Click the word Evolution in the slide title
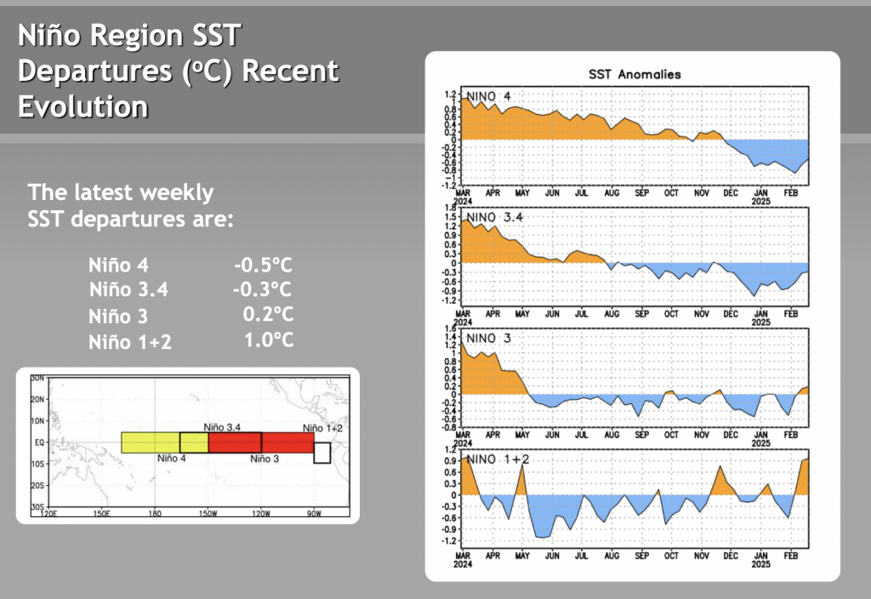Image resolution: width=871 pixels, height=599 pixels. click(83, 106)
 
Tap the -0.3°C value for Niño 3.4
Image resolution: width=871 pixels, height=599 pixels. click(262, 289)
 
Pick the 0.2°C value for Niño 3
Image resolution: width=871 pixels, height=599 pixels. click(268, 314)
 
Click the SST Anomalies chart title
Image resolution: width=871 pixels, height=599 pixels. click(635, 74)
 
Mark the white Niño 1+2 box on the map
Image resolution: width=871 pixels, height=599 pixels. click(322, 452)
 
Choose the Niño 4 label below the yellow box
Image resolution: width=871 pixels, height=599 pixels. click(172, 459)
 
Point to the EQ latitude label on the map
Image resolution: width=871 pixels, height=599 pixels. click(38, 442)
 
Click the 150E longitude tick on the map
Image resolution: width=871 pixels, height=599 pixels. click(101, 513)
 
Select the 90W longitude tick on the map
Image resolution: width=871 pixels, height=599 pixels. click(314, 513)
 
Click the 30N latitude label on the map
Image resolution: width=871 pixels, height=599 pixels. click(37, 378)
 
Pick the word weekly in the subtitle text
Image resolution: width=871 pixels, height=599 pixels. click(174, 191)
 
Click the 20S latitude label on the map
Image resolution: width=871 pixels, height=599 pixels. click(37, 485)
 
